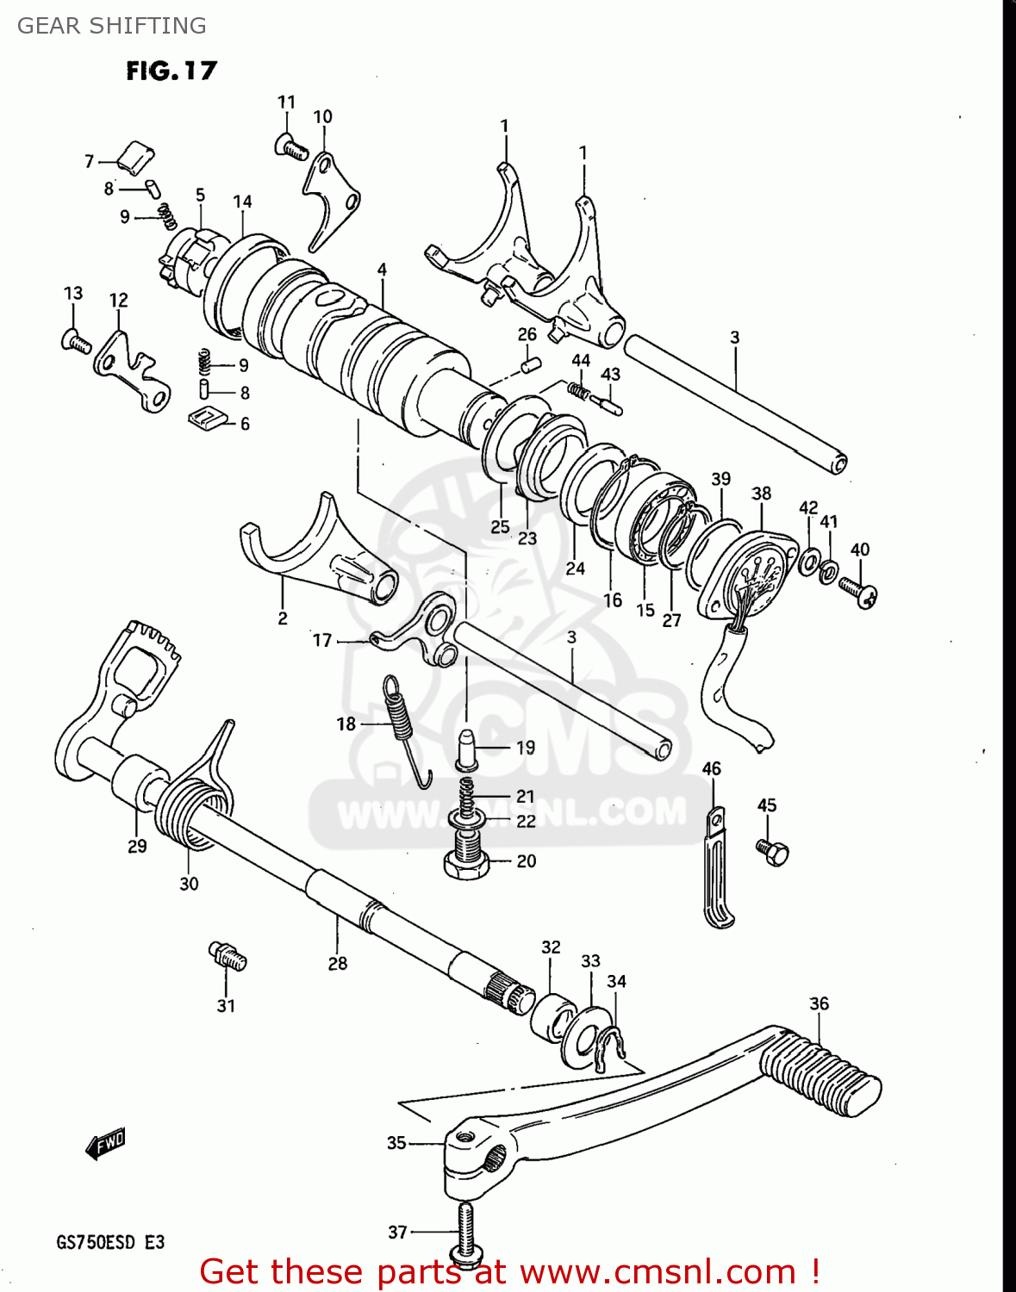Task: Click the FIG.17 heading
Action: pyautogui.click(x=171, y=71)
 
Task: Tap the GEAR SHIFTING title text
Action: pyautogui.click(x=112, y=26)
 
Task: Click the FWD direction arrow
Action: pyautogui.click(x=105, y=1145)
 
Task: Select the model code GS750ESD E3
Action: pyautogui.click(x=110, y=1242)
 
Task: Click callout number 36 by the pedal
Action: pyautogui.click(x=819, y=1003)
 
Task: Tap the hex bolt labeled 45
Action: pyautogui.click(x=774, y=852)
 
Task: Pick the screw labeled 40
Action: pyautogui.click(x=858, y=592)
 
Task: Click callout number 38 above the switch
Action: pyautogui.click(x=761, y=494)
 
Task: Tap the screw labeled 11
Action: pyautogui.click(x=291, y=147)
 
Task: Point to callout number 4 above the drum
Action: pyautogui.click(x=382, y=270)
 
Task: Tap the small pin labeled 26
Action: pyautogui.click(x=529, y=365)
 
